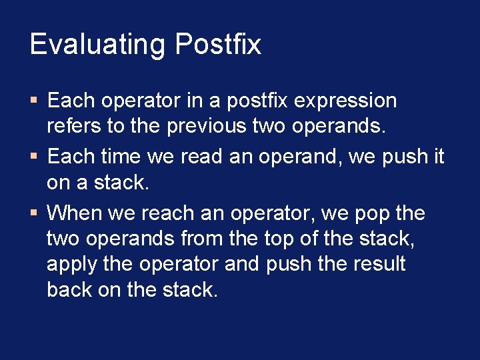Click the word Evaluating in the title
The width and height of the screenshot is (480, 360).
click(97, 45)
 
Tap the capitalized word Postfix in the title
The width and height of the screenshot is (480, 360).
click(218, 45)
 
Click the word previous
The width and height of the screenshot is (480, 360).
click(207, 127)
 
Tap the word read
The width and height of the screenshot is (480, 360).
click(197, 157)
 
